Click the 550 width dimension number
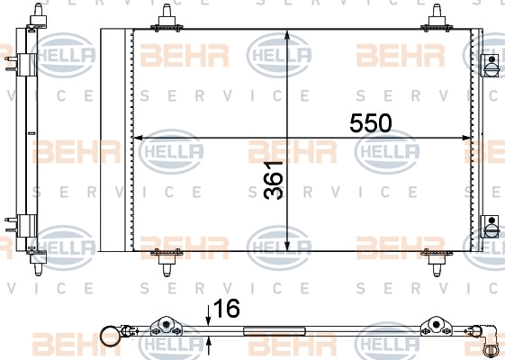[371, 123]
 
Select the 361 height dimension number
[273, 180]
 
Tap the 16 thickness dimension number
[227, 308]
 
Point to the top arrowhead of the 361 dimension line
[287, 35]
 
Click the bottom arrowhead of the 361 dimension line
[287, 246]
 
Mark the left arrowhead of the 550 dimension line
[139, 138]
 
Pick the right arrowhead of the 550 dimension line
[466, 138]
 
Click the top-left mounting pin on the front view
[167, 19]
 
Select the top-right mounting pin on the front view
[437, 19]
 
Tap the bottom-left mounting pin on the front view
[167, 262]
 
